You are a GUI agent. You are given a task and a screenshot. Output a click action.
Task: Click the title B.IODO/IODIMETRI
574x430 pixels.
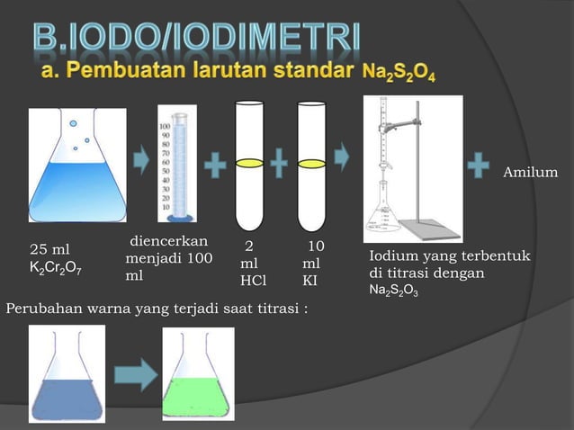197,38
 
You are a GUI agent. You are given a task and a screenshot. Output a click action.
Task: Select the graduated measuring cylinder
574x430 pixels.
177,163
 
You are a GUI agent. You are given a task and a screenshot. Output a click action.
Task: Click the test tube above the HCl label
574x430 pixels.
248,166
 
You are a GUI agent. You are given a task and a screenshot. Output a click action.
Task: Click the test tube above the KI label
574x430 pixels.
310,166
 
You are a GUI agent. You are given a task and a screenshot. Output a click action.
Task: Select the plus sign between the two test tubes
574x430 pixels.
280,165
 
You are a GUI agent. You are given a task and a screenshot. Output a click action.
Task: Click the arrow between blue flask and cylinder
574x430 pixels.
141,163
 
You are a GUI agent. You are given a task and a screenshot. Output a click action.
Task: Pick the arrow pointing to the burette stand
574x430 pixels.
343,154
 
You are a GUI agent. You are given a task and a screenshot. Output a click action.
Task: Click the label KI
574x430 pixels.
309,281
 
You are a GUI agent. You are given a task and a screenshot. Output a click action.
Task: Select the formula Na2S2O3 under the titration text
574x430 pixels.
393,291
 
